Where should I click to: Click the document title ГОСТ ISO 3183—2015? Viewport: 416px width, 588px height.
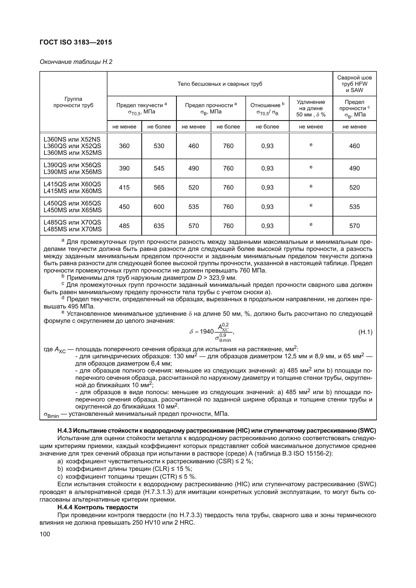76,42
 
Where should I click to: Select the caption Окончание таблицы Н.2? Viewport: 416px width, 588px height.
76,62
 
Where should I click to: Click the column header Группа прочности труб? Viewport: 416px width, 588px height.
73,102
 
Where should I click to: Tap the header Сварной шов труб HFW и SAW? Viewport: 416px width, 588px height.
354,84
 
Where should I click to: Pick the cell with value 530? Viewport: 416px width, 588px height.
159,146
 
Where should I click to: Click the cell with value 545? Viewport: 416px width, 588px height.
159,168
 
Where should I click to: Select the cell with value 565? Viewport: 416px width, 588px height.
159,188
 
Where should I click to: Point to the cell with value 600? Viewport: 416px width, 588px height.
159,207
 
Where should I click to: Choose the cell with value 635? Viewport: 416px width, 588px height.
159,226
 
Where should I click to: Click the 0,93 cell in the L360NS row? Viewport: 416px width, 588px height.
267,146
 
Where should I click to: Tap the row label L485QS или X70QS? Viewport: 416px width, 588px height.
72,222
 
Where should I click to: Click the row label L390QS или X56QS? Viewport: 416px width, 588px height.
72,165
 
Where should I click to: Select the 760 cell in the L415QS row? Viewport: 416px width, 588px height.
228,188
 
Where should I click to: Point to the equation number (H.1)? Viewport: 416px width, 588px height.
365,332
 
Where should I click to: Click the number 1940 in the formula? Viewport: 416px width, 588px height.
206,332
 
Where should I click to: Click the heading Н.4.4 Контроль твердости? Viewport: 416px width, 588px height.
98,507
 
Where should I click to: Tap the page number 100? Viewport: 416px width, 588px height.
45,534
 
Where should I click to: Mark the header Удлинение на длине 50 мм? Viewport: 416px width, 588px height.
311,108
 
